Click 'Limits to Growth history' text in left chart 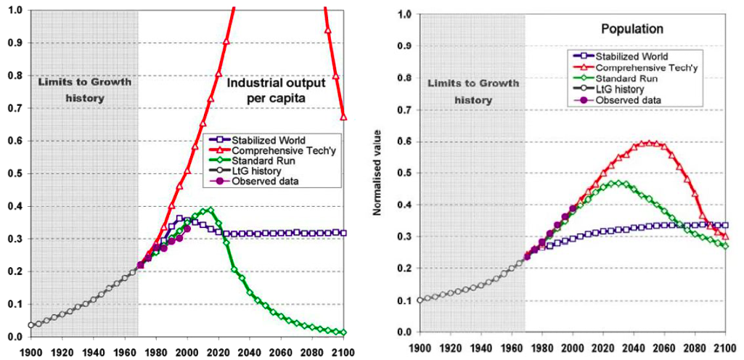click(x=84, y=90)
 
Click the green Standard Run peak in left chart click(x=210, y=210)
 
